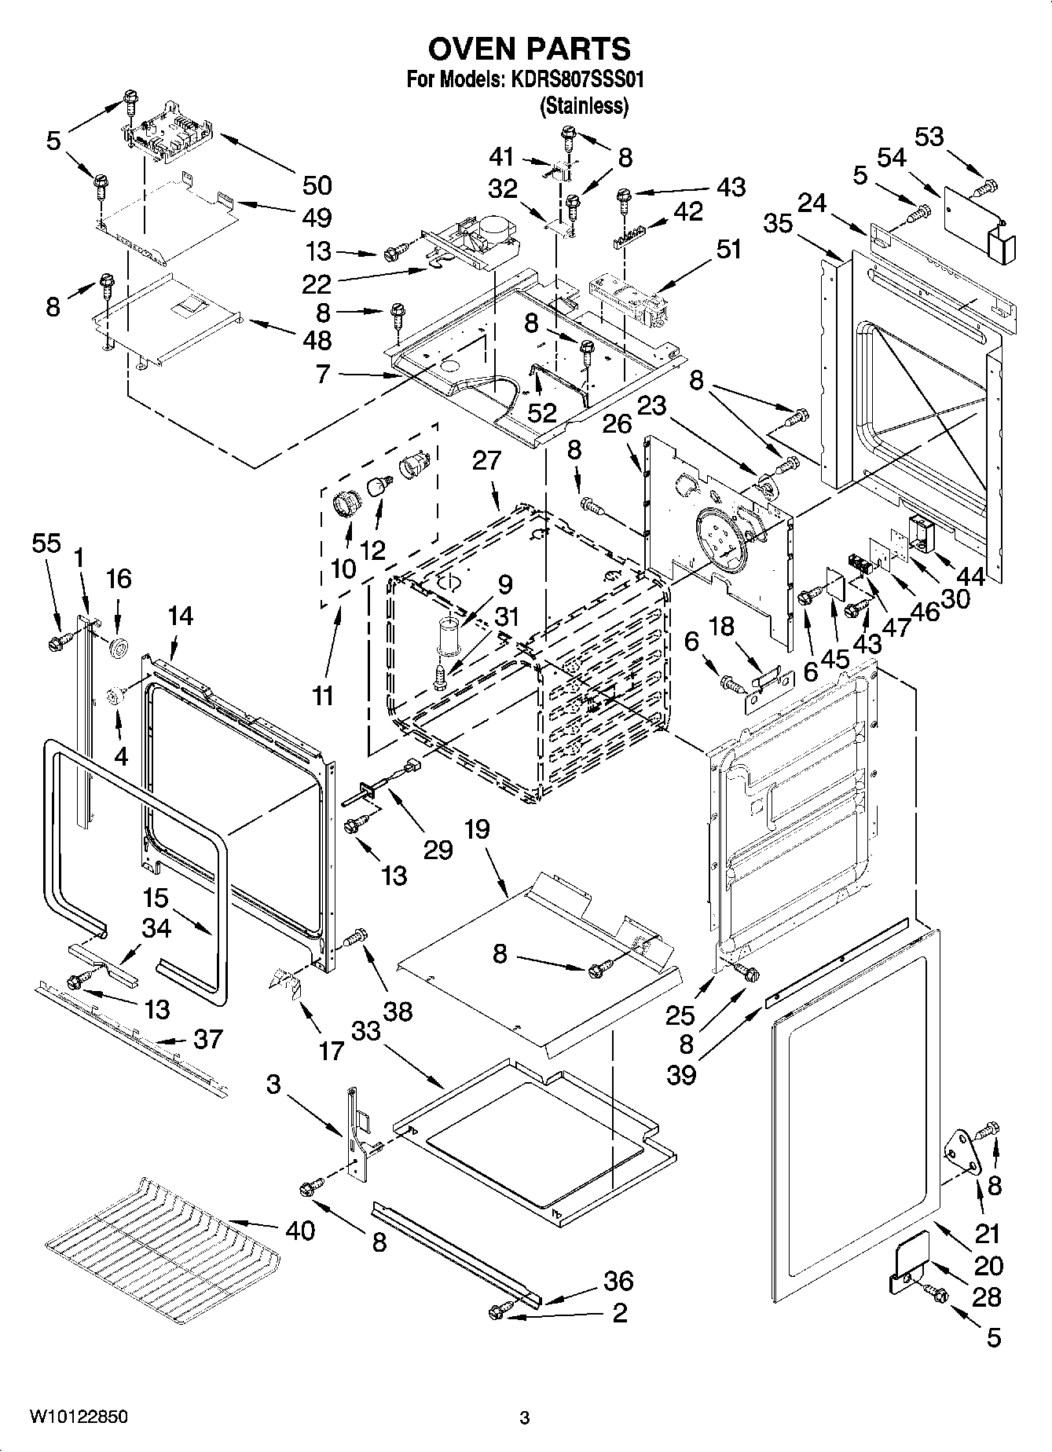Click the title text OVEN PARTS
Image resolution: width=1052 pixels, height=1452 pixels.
529,49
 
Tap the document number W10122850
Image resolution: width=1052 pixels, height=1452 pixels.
79,1417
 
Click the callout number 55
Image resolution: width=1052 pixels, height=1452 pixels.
46,543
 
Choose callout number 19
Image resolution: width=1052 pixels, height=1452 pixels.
476,830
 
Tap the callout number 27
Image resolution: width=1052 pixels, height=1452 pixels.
486,460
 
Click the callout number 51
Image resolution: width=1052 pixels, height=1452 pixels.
728,250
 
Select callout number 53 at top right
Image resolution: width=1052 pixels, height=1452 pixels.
929,137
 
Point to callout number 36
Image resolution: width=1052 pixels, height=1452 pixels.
618,1281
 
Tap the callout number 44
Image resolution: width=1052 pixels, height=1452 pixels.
971,577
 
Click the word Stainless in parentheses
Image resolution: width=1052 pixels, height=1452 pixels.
584,106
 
